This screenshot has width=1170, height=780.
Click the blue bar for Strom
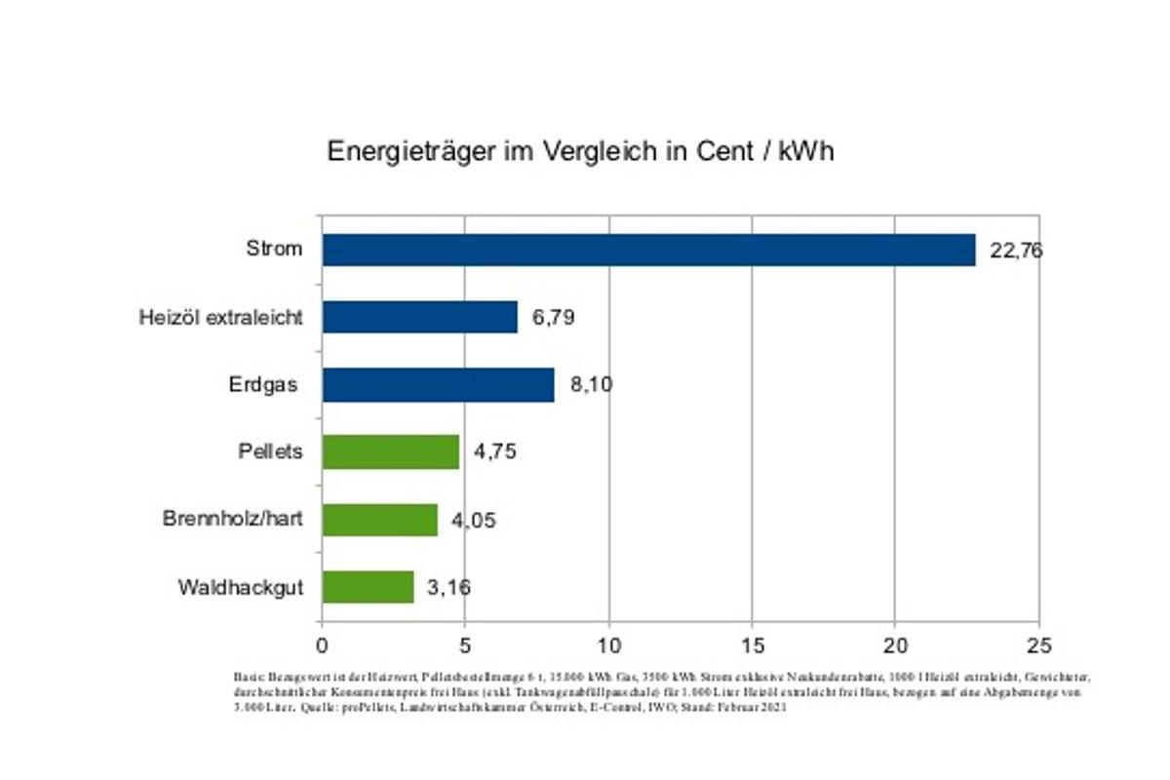point(648,250)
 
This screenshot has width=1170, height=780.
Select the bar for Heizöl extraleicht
point(419,317)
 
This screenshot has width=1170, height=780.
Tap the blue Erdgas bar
point(438,384)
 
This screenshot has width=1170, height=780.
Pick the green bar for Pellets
point(390,452)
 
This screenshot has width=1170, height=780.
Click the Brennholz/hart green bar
point(379,520)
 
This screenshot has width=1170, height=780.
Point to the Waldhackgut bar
point(368,587)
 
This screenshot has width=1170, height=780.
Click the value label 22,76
point(1016,251)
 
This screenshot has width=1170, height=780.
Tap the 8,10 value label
point(591,385)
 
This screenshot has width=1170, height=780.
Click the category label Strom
point(274,249)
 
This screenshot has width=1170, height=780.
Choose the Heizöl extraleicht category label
point(220,317)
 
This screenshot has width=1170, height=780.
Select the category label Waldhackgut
point(241,588)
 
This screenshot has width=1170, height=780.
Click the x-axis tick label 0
point(322,645)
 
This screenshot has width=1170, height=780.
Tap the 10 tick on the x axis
point(608,645)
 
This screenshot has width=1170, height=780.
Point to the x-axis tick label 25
point(1038,645)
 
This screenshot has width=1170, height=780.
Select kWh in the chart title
point(805,152)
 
